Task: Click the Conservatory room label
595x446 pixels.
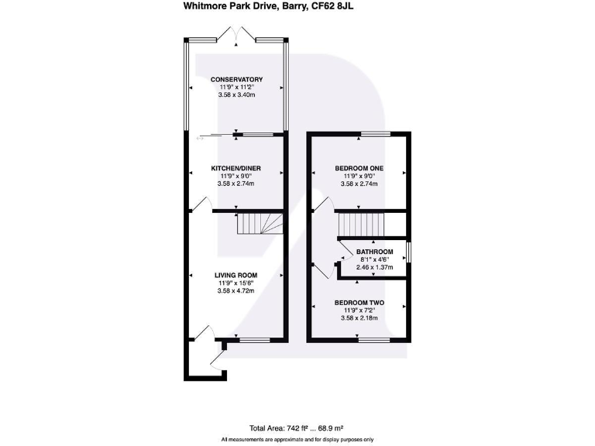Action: (236, 79)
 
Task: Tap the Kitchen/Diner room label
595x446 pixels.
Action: (236, 168)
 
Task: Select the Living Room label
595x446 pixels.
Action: (236, 275)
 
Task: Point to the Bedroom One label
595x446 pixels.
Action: (358, 168)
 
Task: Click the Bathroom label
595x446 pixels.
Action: (375, 252)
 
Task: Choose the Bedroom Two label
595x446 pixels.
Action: (358, 302)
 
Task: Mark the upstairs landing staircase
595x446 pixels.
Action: (359, 225)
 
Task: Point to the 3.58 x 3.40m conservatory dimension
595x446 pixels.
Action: (236, 95)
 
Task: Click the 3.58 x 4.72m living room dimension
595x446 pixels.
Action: (236, 291)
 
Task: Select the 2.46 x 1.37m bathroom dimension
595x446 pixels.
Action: (375, 268)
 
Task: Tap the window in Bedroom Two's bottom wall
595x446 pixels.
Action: (373, 339)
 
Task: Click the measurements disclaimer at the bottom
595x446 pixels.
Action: (297, 440)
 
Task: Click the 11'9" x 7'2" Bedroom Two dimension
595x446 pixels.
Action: (358, 310)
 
